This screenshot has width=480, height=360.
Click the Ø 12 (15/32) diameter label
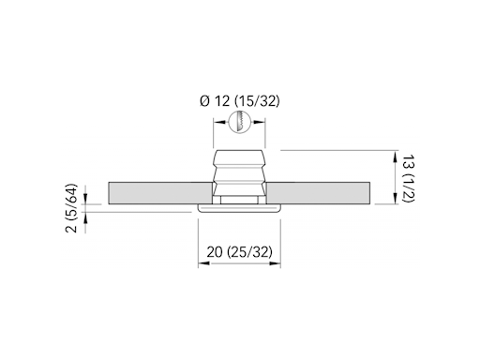click(240, 101)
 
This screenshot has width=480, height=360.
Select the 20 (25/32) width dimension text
click(239, 252)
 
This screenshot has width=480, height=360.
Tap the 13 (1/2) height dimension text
click(408, 178)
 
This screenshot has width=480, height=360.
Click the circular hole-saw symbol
click(240, 122)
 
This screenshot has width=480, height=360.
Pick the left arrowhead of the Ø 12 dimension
click(219, 122)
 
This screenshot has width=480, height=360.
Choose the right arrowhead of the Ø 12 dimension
click(260, 122)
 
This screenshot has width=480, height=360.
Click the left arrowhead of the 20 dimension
click(204, 263)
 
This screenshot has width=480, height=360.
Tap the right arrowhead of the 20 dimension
click(275, 263)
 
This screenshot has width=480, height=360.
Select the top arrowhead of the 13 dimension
click(396, 157)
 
